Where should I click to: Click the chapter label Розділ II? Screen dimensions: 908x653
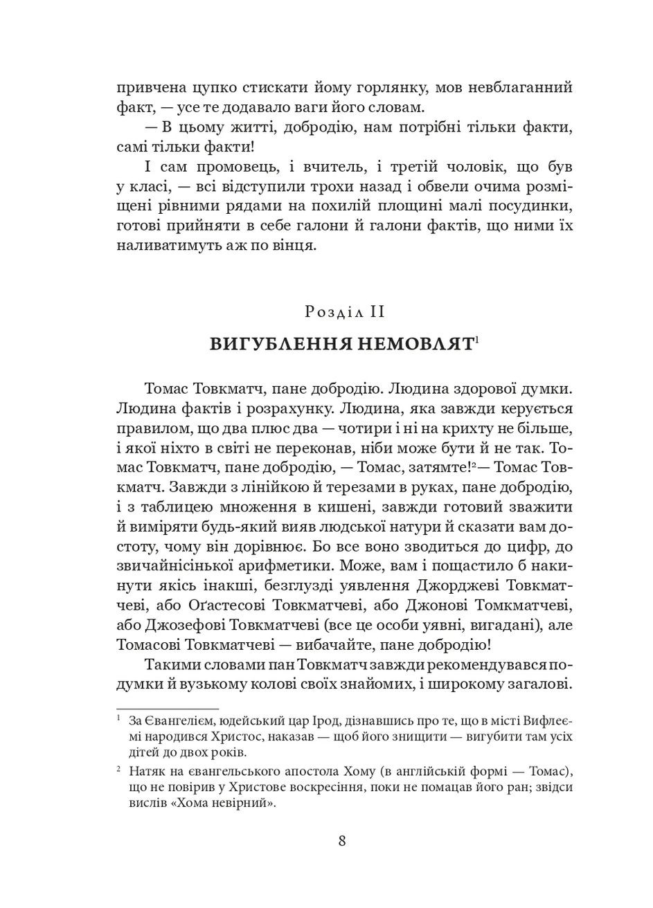coord(344,312)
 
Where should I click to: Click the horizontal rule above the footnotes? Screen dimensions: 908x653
coord(167,709)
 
